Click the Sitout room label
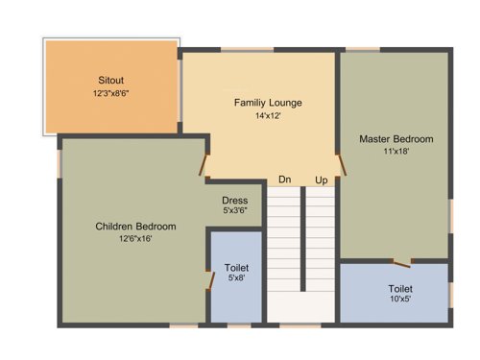[110, 79]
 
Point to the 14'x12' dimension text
[268, 116]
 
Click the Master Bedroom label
[396, 138]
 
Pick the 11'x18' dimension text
[396, 153]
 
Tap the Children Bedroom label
[135, 227]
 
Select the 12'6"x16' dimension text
[135, 239]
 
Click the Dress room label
[235, 201]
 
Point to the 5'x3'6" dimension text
[235, 211]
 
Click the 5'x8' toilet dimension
[236, 279]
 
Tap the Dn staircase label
[285, 180]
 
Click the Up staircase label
[322, 180]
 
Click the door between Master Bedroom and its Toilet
[402, 260]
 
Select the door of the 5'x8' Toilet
[210, 279]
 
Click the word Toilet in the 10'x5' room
[400, 288]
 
